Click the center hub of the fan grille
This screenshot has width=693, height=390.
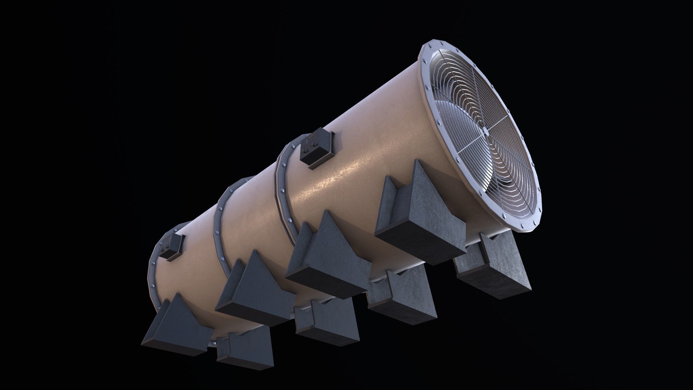point(486,133)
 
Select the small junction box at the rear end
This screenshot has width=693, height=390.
point(173,246)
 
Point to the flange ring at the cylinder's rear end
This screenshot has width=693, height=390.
point(153,274)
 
